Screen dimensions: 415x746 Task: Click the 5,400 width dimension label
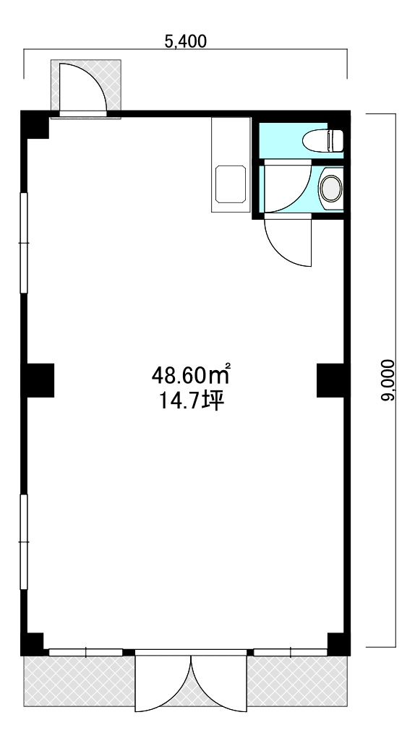[x=186, y=41]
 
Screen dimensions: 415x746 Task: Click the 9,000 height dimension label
[x=388, y=380]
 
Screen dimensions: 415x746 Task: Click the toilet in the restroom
[x=322, y=140]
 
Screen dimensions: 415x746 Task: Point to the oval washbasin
[x=330, y=189]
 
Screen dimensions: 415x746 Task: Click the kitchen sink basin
[x=231, y=184]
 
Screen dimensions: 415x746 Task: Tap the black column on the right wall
[x=331, y=380]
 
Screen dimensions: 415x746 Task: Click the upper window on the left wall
[x=24, y=243]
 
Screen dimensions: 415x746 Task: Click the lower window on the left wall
[x=24, y=542]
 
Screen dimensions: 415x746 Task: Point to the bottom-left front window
[x=85, y=652]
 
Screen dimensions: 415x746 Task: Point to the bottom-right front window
[x=291, y=652]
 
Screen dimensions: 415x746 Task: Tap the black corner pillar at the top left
[x=35, y=124]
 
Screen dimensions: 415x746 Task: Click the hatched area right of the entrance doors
[x=297, y=681]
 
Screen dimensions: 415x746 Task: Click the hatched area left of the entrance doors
[x=80, y=681]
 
